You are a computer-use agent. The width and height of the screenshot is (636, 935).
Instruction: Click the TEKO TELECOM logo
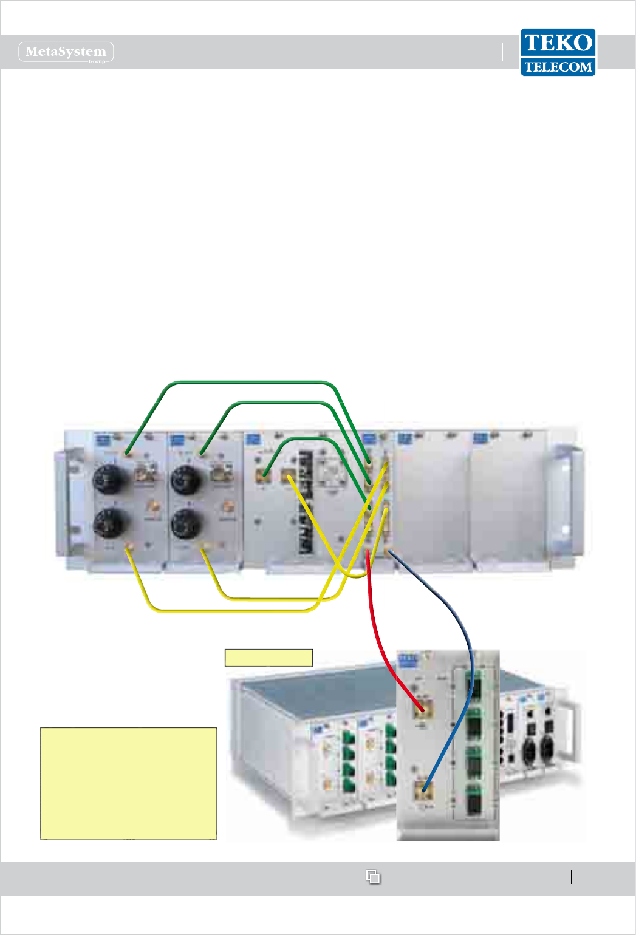[x=558, y=52]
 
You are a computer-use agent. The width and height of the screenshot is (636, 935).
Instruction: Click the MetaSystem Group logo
[x=66, y=52]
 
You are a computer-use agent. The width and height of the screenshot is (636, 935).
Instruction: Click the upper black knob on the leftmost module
[x=109, y=480]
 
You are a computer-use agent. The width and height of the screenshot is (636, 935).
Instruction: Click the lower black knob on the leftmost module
[x=111, y=523]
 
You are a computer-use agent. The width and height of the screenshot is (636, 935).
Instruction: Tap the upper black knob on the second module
[x=186, y=480]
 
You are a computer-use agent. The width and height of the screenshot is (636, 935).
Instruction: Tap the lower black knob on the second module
[x=186, y=523]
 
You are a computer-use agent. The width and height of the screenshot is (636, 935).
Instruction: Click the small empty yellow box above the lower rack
[x=268, y=658]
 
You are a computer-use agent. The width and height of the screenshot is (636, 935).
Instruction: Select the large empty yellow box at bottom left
[x=129, y=783]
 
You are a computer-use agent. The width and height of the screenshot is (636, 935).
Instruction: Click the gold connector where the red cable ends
[x=423, y=708]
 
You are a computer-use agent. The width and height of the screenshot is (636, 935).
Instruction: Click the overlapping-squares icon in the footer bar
[x=373, y=877]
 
